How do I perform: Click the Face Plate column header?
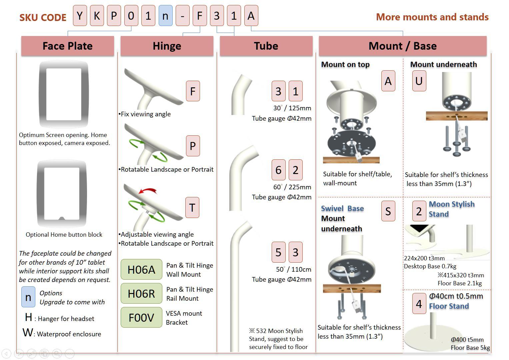(x=68, y=46)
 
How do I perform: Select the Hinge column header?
(x=167, y=46)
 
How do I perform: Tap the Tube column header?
(x=266, y=46)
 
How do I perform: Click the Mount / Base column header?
(x=402, y=46)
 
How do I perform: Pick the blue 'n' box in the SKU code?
(x=165, y=16)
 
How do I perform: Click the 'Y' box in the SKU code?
(x=80, y=16)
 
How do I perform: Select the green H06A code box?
(x=141, y=269)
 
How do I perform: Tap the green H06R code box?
(x=141, y=293)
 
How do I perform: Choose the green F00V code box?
(x=141, y=317)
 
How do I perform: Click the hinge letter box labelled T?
(x=192, y=208)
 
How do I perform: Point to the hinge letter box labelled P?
(x=193, y=146)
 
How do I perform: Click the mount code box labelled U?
(x=419, y=81)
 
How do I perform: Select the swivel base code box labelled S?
(x=388, y=211)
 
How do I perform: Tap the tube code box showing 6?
(x=278, y=170)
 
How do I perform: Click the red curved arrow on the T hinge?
(x=148, y=191)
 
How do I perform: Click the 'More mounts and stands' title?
(x=432, y=17)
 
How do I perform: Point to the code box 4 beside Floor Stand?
(x=419, y=304)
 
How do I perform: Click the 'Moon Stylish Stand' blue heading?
(x=451, y=209)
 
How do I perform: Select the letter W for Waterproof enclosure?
(x=28, y=332)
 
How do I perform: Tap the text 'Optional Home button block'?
(x=64, y=235)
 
